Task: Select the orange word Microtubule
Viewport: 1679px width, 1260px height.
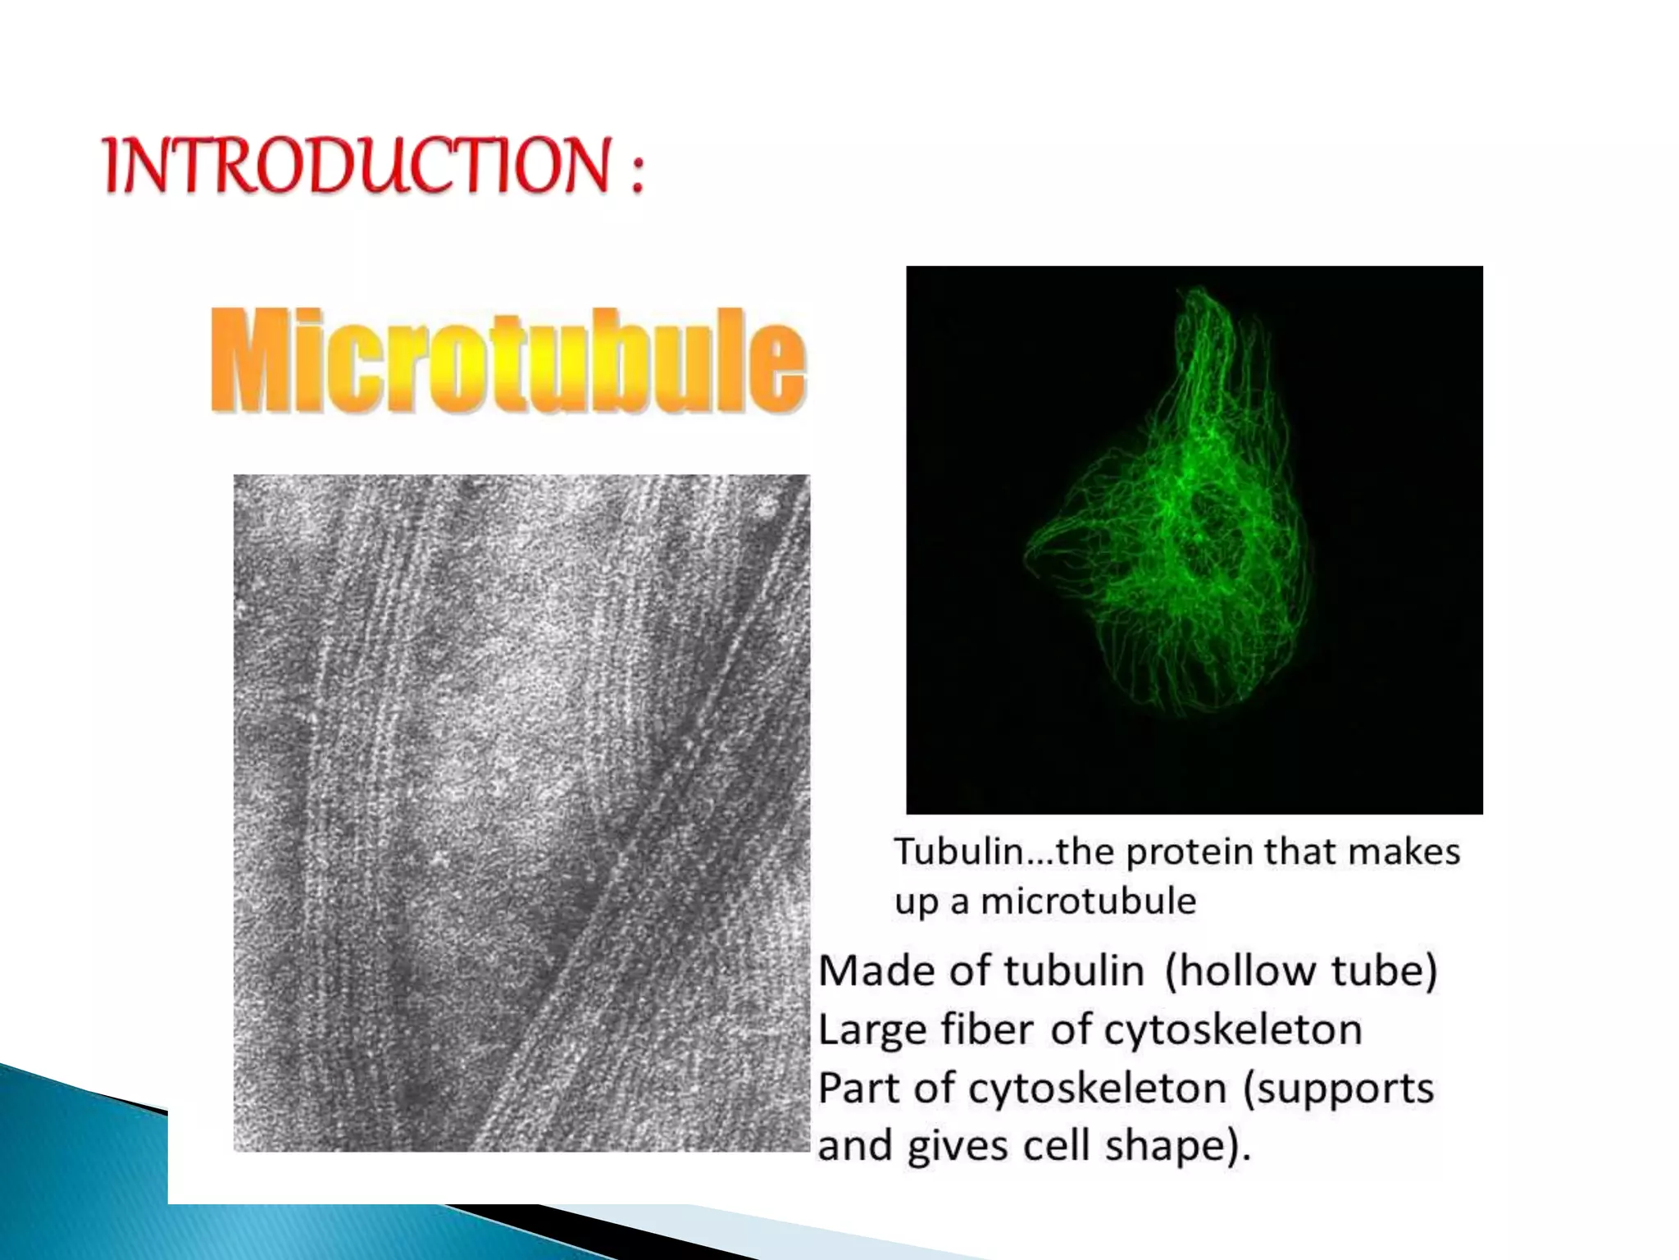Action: [x=508, y=361]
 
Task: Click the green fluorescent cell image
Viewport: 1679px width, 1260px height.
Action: [x=1194, y=539]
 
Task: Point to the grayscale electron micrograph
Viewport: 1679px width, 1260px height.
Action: [x=521, y=812]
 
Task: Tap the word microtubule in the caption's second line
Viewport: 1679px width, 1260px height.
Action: [x=1088, y=902]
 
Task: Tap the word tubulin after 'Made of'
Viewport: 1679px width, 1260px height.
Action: [x=1074, y=971]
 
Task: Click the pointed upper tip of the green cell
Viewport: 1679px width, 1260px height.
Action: [x=1199, y=292]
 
